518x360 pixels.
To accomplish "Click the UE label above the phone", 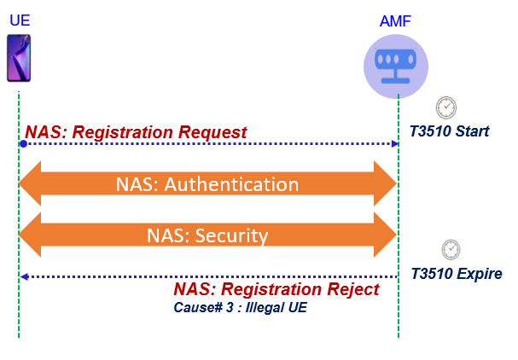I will [x=19, y=20].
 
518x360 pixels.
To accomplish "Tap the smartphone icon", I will [x=19, y=58].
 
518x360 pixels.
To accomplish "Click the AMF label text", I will [x=397, y=20].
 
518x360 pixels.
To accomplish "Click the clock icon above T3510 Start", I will [x=446, y=107].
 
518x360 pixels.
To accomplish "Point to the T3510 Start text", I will [x=449, y=131].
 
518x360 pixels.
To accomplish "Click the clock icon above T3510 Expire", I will [x=451, y=249].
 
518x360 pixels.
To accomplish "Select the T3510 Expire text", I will [x=456, y=274].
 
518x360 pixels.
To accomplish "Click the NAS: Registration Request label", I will [x=137, y=132].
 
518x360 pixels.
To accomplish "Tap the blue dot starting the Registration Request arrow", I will [x=23, y=144].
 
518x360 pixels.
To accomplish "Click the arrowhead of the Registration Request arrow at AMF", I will [x=394, y=144].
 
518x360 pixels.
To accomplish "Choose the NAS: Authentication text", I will [x=207, y=184].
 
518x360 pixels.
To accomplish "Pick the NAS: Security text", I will [x=207, y=235].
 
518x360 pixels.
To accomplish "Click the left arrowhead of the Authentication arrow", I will [x=29, y=184].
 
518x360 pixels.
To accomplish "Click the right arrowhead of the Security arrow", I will [x=386, y=235].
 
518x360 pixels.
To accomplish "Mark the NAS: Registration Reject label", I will [x=276, y=290].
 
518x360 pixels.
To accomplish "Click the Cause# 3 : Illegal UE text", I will [x=240, y=307].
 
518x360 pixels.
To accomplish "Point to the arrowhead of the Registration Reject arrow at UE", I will [x=24, y=276].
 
